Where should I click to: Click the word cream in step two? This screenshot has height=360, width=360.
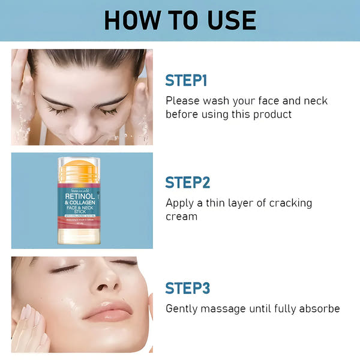pyautogui.click(x=181, y=216)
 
